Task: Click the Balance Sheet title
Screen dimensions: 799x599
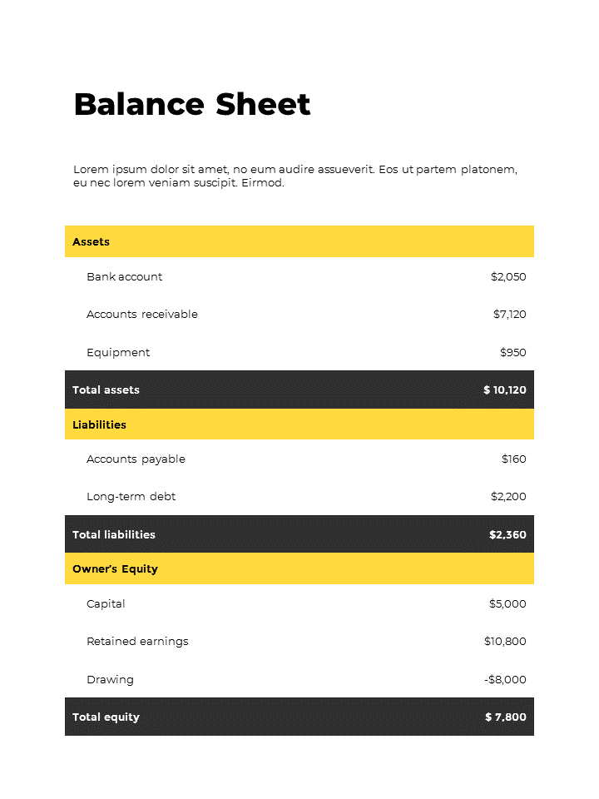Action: pyautogui.click(x=192, y=105)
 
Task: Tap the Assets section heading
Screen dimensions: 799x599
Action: pyautogui.click(x=91, y=242)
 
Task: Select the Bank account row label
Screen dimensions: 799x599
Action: pyautogui.click(x=124, y=277)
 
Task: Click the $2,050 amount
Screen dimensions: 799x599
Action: pyautogui.click(x=508, y=277)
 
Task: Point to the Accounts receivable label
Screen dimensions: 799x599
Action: pyautogui.click(x=142, y=315)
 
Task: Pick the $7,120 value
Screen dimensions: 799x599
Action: pyautogui.click(x=509, y=315)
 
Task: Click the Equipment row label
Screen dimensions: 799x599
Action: pyautogui.click(x=118, y=353)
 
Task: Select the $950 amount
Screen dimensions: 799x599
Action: pyautogui.click(x=512, y=353)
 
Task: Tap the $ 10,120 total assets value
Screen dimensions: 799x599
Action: pyautogui.click(x=504, y=390)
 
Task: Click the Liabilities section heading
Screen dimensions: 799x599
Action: pyautogui.click(x=99, y=425)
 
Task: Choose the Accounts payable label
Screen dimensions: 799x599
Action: pyautogui.click(x=136, y=459)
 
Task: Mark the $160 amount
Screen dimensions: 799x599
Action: pyautogui.click(x=513, y=459)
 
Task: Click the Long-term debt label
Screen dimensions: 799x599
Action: pyautogui.click(x=131, y=497)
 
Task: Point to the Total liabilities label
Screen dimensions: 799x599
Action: pyautogui.click(x=113, y=535)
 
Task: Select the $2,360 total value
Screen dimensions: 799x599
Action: pyautogui.click(x=507, y=535)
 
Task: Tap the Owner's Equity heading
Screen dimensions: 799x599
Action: pyautogui.click(x=115, y=569)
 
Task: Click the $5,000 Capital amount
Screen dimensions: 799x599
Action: pyautogui.click(x=507, y=604)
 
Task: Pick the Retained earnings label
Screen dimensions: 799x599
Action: pyautogui.click(x=137, y=642)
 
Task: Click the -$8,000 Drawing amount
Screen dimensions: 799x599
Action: pyautogui.click(x=505, y=680)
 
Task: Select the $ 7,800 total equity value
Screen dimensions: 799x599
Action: pyautogui.click(x=505, y=717)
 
